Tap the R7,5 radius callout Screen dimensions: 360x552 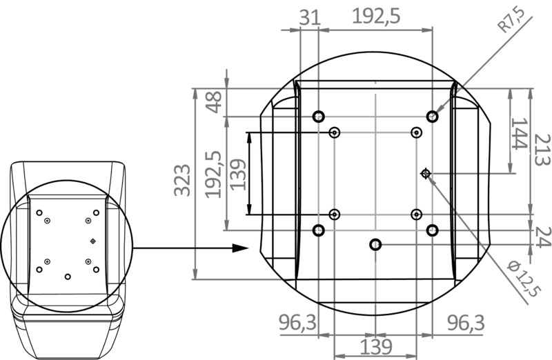point(511,19)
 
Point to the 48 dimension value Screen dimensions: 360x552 point(215,101)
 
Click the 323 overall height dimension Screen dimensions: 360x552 point(181,181)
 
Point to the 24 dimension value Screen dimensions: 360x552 point(542,237)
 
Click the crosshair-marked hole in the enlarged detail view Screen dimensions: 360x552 point(426,174)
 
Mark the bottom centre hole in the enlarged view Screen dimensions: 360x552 point(375,244)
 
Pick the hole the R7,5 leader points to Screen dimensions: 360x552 point(433,116)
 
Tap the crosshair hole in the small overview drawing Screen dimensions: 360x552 point(94,241)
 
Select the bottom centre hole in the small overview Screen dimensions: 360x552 point(68,277)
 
